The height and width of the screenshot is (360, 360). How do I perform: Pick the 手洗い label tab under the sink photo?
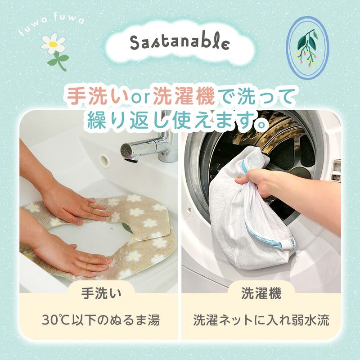101,294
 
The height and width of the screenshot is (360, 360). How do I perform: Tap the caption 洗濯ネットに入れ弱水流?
261,321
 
